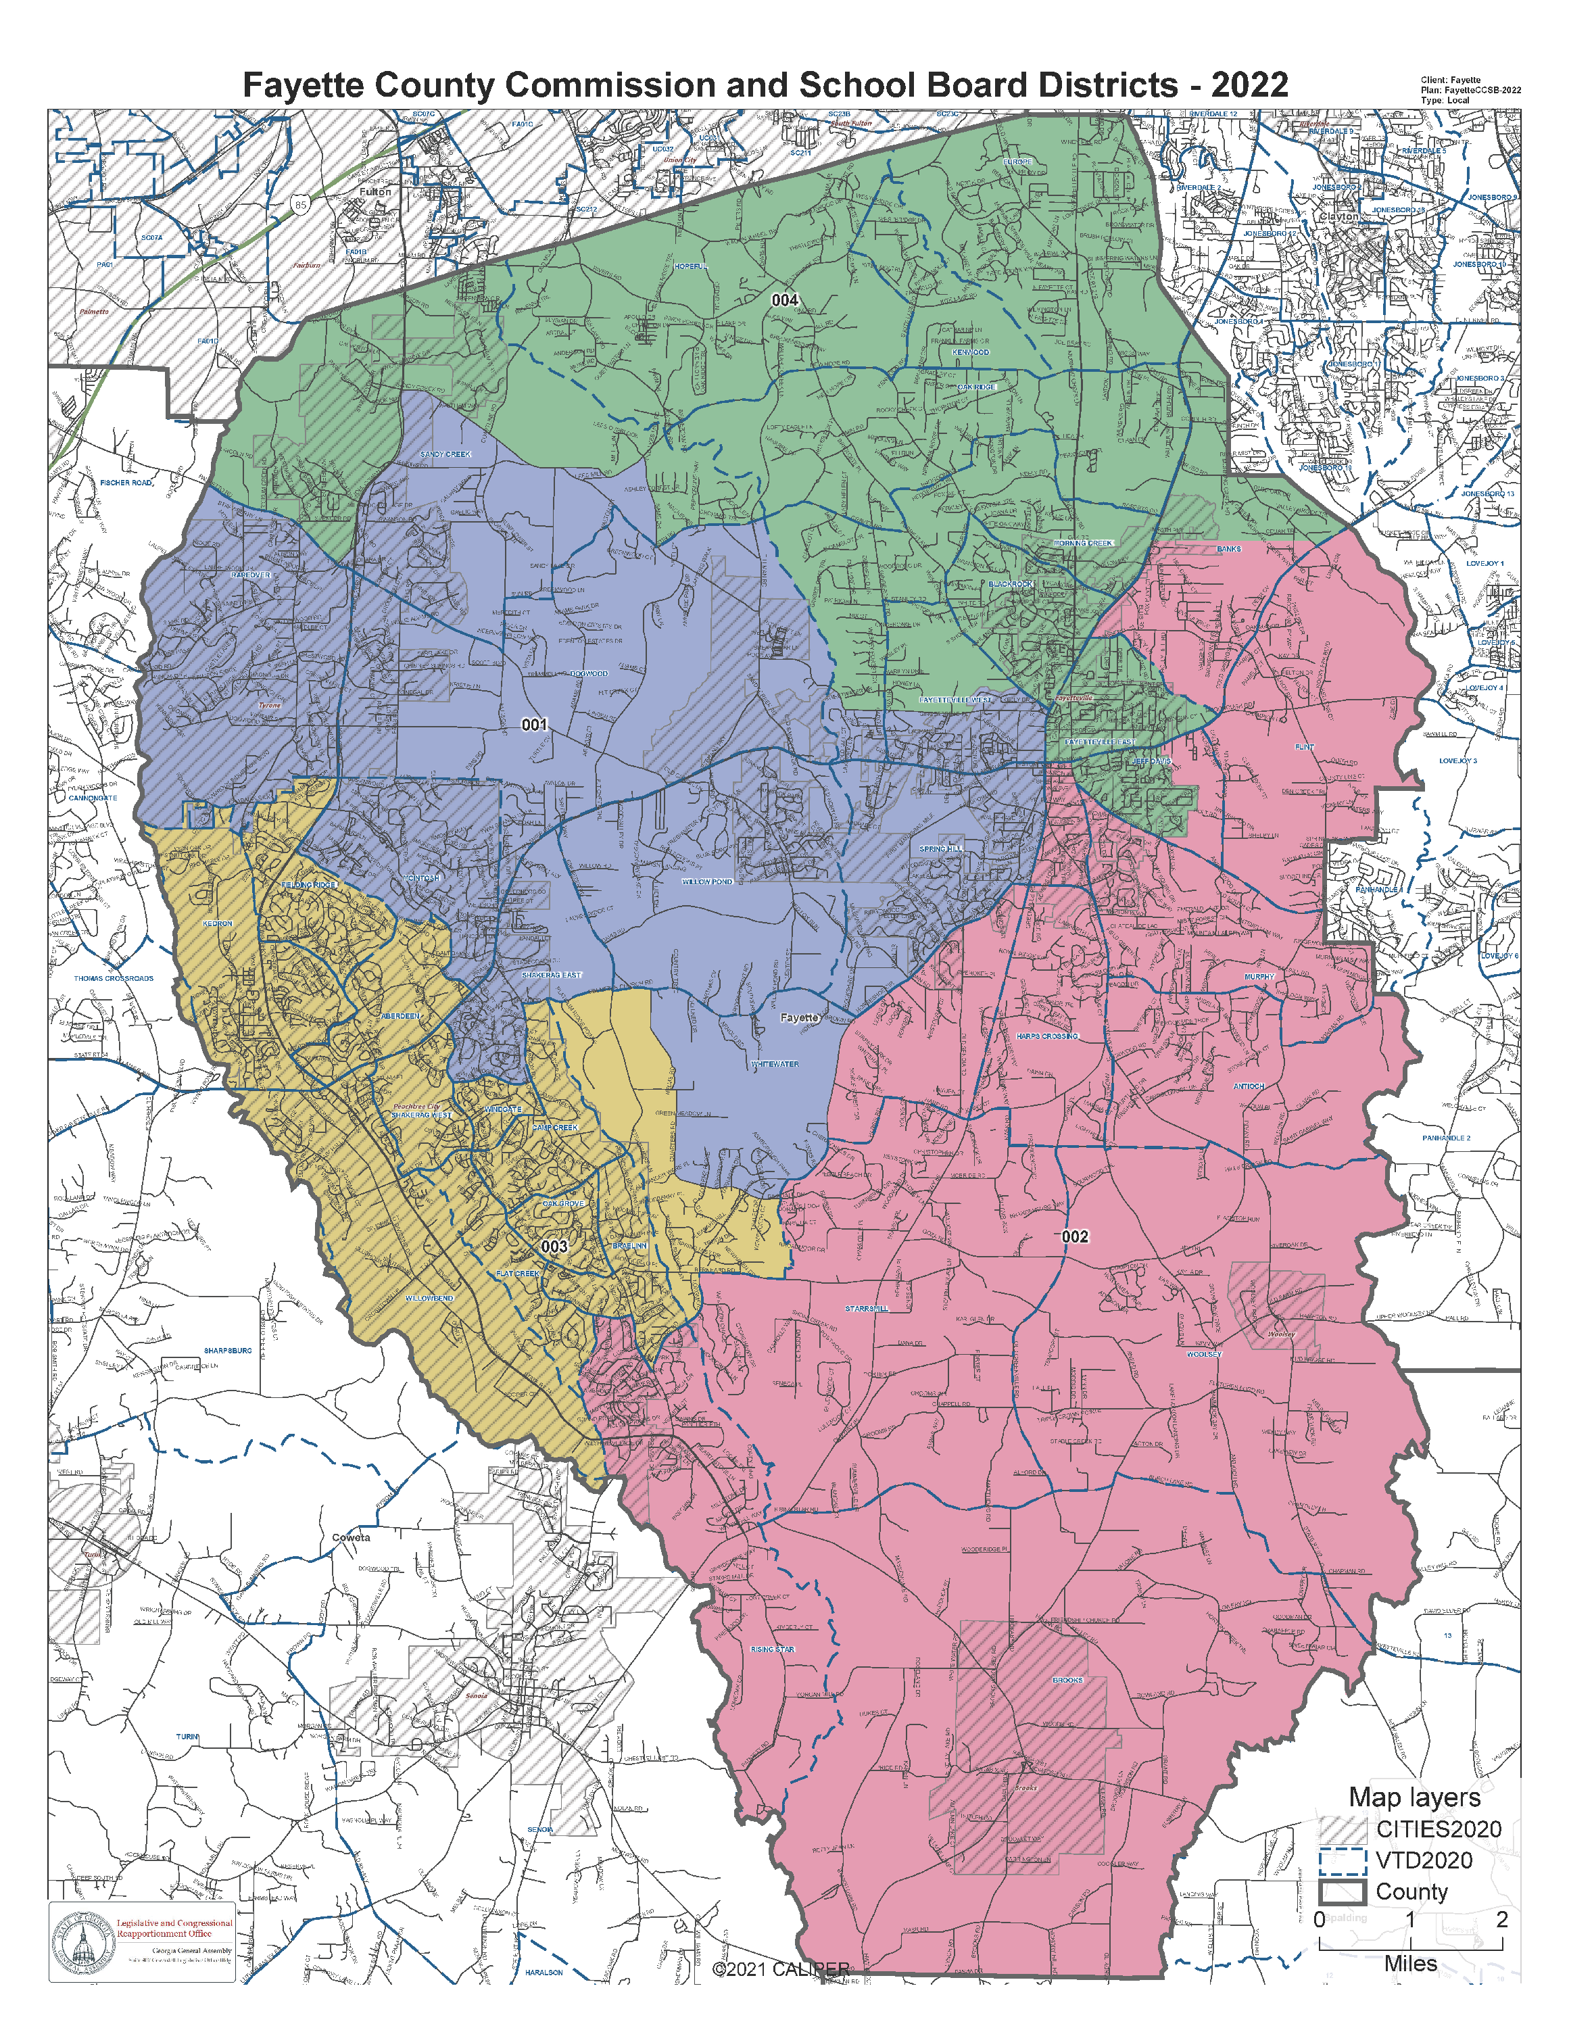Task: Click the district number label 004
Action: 784,300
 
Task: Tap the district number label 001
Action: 534,724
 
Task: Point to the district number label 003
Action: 554,1246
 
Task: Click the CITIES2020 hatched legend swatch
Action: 1342,1829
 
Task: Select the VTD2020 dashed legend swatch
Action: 1342,1860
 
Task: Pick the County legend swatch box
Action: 1342,1891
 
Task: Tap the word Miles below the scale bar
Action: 1409,1964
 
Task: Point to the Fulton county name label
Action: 375,192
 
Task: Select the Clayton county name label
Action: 1338,216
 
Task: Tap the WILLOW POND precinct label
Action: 708,882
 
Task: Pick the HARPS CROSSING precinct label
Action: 1047,1036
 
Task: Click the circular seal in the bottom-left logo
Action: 82,1943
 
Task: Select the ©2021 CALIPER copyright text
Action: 781,1969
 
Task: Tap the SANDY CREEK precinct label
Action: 445,454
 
